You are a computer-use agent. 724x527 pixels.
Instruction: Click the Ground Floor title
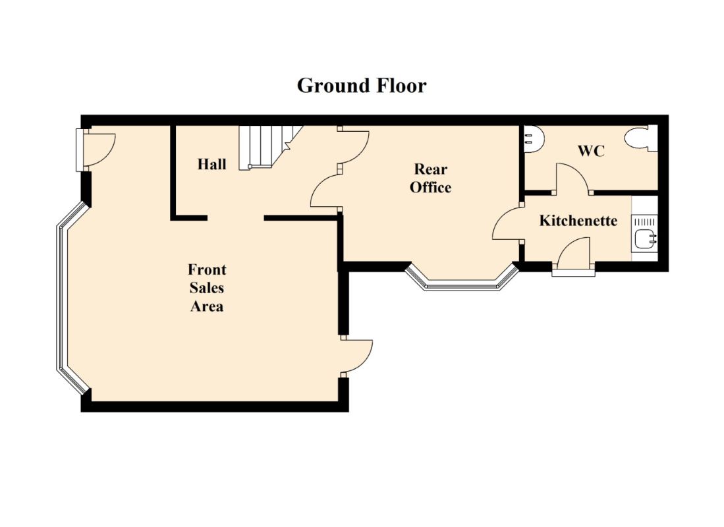pyautogui.click(x=362, y=86)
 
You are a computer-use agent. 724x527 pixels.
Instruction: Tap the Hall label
pyautogui.click(x=212, y=164)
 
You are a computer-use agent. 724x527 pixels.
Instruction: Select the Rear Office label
pyautogui.click(x=430, y=179)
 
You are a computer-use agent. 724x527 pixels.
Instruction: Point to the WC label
pyautogui.click(x=591, y=151)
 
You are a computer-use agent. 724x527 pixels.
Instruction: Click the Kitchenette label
pyautogui.click(x=578, y=221)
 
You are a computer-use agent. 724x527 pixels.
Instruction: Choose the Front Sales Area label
pyautogui.click(x=207, y=288)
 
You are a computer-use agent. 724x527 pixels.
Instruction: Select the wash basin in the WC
pyautogui.click(x=534, y=139)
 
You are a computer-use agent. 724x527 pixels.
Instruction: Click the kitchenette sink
pyautogui.click(x=645, y=238)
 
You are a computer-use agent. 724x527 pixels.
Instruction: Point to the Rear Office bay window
pyautogui.click(x=462, y=279)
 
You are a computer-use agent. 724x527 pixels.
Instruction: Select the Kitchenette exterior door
pyautogui.click(x=574, y=258)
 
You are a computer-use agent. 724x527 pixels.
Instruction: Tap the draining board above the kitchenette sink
pyautogui.click(x=645, y=221)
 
